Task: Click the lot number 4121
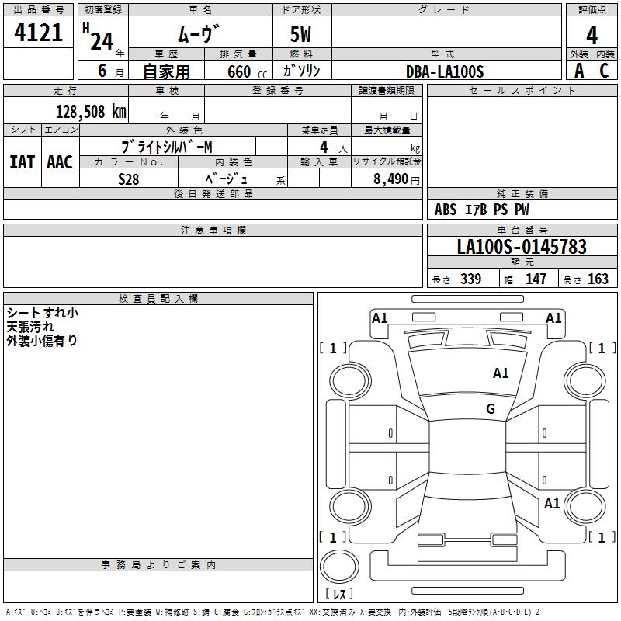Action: pyautogui.click(x=38, y=32)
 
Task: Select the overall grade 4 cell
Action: pyautogui.click(x=592, y=35)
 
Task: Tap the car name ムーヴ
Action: pyautogui.click(x=199, y=33)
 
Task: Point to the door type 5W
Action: pyautogui.click(x=301, y=35)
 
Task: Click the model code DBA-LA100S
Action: pyautogui.click(x=445, y=71)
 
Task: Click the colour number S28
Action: pyautogui.click(x=129, y=178)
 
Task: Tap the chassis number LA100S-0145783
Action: pyautogui.click(x=522, y=247)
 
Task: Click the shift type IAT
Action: pyautogui.click(x=22, y=162)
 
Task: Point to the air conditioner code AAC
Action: pyautogui.click(x=60, y=162)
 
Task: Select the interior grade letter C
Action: pyautogui.click(x=603, y=71)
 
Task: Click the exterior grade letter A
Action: pyautogui.click(x=578, y=71)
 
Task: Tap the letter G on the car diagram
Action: pyautogui.click(x=491, y=409)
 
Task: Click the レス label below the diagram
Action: pyautogui.click(x=342, y=594)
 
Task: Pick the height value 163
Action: pyautogui.click(x=598, y=279)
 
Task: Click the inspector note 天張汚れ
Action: pyautogui.click(x=30, y=327)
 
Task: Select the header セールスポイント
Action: pyautogui.click(x=522, y=90)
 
